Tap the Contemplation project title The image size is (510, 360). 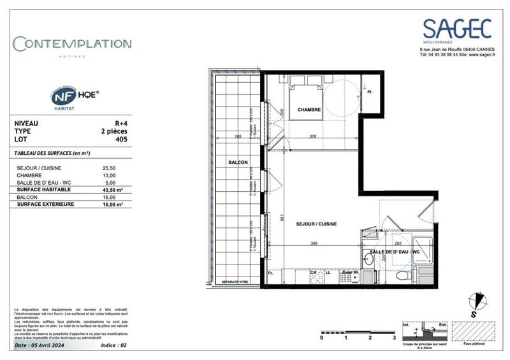(x=73, y=44)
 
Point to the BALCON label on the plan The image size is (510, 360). (x=237, y=162)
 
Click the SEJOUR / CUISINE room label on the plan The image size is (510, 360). (x=316, y=224)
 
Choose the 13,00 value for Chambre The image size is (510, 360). (x=109, y=175)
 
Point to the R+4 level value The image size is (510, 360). (x=119, y=124)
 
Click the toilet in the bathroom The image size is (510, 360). (x=401, y=275)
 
